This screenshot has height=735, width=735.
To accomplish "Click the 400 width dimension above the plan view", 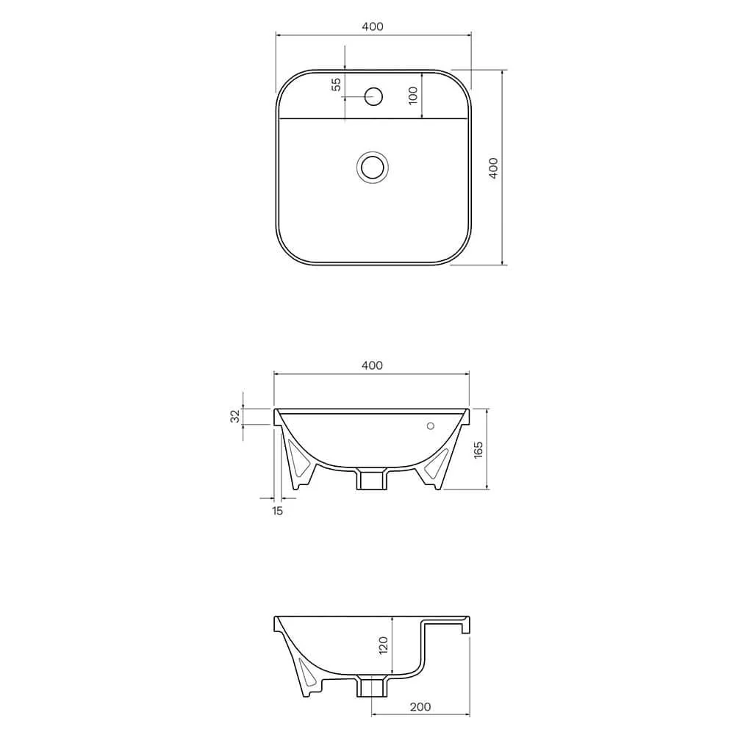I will click(x=373, y=26).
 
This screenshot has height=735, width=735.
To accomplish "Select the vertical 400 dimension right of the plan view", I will click(x=494, y=168).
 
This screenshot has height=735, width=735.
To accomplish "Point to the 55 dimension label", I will click(x=337, y=84).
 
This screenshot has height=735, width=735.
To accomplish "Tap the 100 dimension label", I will click(x=413, y=95).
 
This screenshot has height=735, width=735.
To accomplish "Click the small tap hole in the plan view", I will click(x=374, y=95).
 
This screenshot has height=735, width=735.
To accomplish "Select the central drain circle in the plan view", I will click(x=373, y=166).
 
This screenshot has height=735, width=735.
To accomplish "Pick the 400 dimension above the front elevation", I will click(x=373, y=365).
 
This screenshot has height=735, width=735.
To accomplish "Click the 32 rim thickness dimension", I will click(x=235, y=416).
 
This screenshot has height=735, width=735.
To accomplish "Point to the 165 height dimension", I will click(x=478, y=449).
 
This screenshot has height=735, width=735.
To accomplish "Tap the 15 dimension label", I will click(x=277, y=510).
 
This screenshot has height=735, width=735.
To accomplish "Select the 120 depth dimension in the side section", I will click(x=383, y=645).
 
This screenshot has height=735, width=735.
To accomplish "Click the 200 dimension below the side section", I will click(x=420, y=707).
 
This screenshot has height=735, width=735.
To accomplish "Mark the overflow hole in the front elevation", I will click(x=431, y=426).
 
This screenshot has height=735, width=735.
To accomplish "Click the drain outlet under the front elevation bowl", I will click(x=371, y=478).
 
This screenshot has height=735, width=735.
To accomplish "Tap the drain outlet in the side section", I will click(x=371, y=685).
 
